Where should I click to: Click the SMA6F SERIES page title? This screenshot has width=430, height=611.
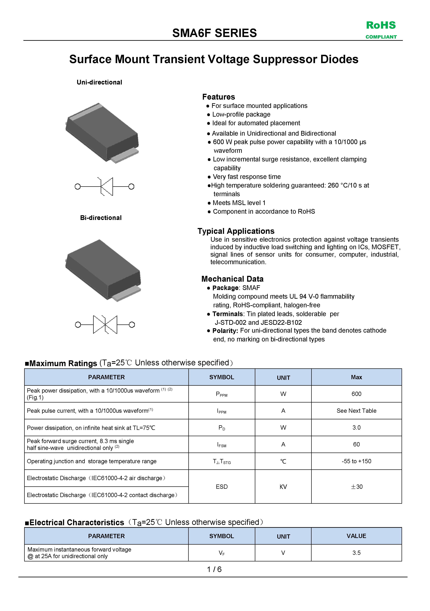(x=214, y=33)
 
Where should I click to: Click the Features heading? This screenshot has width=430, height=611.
(x=218, y=97)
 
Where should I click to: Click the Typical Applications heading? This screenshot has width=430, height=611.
(x=236, y=231)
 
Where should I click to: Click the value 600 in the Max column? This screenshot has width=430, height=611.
(x=356, y=394)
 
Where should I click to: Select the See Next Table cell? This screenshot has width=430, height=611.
(x=356, y=411)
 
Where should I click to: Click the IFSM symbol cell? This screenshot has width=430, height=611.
(x=222, y=444)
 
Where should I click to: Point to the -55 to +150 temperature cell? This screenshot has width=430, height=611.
(x=356, y=461)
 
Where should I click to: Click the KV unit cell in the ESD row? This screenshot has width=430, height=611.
(x=283, y=487)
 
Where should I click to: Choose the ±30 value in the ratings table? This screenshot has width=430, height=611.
(x=356, y=487)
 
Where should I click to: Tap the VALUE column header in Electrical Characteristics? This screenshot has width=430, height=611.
(x=356, y=536)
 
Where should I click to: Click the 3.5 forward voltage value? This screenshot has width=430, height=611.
(x=356, y=553)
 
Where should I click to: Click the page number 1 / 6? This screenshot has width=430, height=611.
(x=214, y=569)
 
